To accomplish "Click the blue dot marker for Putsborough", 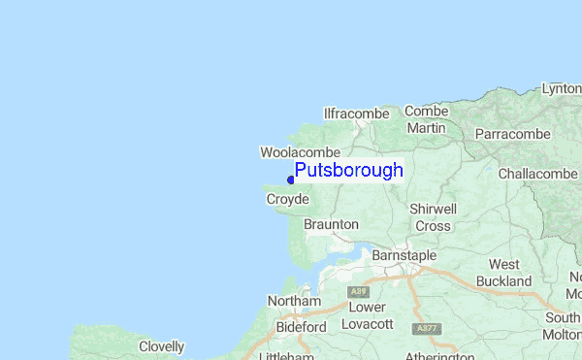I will point(291,179).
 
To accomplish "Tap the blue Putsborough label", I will point(348,171).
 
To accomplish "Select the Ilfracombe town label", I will point(356,114).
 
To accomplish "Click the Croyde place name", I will point(287,199).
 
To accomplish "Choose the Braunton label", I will point(331,224).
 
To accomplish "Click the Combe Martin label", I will point(427,119).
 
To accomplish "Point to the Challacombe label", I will point(537,174).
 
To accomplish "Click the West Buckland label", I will point(510,273).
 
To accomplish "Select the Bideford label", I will point(301,327).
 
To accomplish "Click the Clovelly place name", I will point(161,346).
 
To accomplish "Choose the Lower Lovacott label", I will point(368,315).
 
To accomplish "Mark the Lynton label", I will point(563,88).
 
